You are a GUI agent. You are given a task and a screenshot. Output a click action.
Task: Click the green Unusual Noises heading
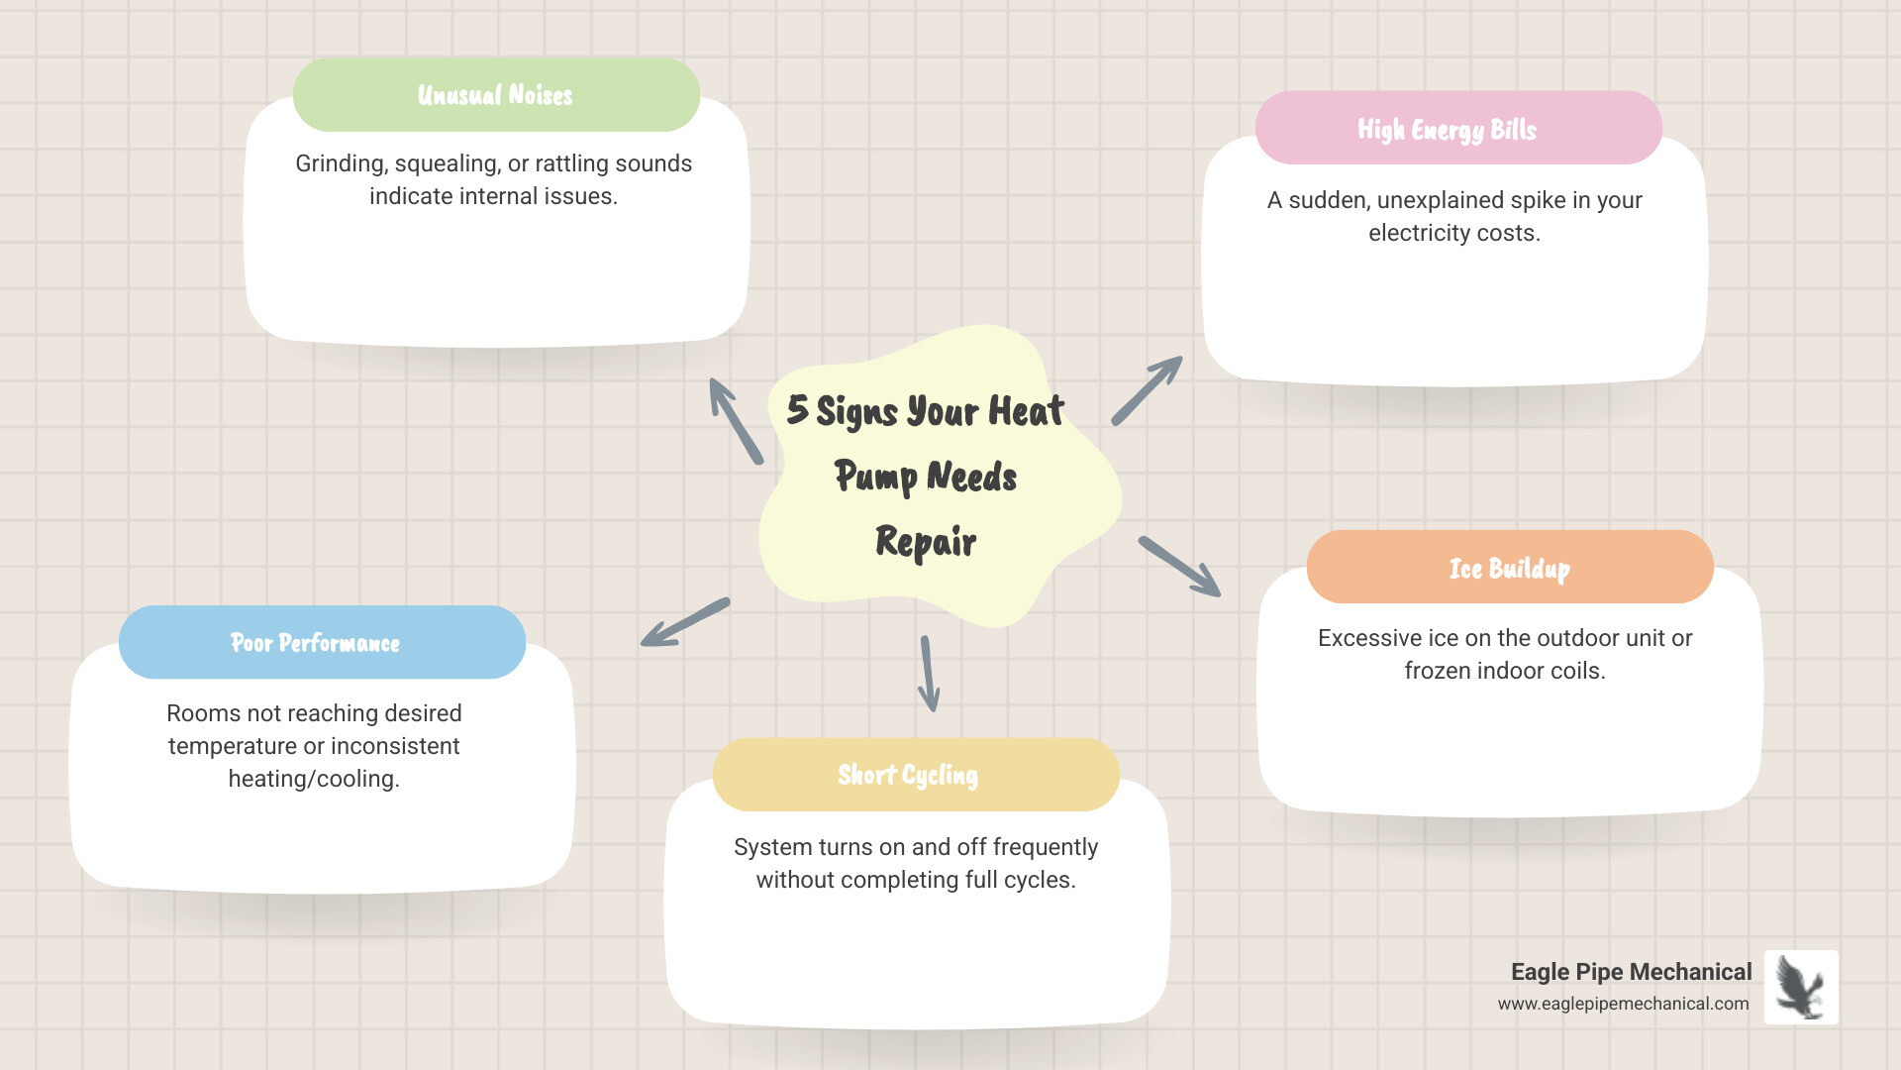tap(495, 95)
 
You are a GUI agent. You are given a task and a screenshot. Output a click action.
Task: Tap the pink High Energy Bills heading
tap(1447, 130)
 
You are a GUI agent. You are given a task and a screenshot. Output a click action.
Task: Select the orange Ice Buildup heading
tap(1509, 569)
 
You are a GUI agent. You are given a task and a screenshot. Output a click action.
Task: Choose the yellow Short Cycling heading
tap(907, 775)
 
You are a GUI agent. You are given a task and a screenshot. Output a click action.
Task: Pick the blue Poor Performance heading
tap(315, 643)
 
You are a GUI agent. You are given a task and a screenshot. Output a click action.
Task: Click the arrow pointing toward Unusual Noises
tap(736, 421)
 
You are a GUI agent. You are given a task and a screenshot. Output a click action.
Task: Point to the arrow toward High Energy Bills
tap(1147, 391)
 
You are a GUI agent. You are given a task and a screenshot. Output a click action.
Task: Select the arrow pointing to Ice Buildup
tap(1179, 567)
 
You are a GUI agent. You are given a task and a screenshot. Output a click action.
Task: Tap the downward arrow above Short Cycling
tap(929, 674)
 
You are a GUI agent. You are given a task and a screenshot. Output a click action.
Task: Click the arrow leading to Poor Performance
tap(685, 623)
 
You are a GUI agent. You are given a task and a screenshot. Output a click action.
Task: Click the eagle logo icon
tap(1800, 987)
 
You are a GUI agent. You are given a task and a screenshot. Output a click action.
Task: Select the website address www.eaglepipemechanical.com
tap(1623, 1004)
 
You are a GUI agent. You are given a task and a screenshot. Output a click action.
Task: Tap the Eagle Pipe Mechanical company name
tap(1631, 972)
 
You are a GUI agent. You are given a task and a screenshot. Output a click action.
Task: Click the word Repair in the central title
tap(926, 542)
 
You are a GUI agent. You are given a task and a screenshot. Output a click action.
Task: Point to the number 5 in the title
tap(797, 409)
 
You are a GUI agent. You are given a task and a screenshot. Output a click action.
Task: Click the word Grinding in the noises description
tap(341, 163)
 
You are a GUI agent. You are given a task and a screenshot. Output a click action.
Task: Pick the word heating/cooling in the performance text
tap(313, 779)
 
